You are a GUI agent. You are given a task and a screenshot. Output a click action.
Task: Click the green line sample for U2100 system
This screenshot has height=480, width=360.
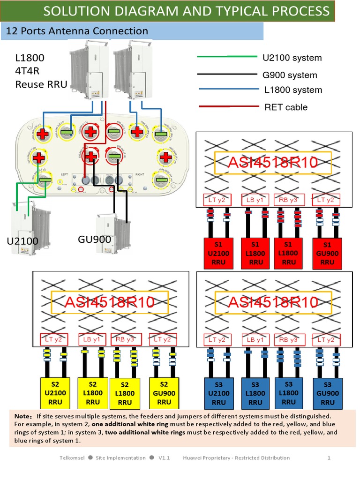(227, 57)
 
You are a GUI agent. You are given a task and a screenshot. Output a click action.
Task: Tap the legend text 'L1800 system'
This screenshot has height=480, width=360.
(293, 90)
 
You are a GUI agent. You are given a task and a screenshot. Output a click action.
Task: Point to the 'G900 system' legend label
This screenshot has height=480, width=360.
(290, 75)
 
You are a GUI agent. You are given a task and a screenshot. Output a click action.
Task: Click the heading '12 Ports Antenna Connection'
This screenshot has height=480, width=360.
(76, 31)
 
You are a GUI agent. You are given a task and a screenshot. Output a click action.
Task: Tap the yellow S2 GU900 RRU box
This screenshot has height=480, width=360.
(164, 393)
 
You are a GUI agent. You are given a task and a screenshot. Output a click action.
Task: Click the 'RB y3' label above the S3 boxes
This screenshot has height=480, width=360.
(290, 339)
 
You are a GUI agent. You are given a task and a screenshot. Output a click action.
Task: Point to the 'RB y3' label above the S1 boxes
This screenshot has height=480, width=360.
(290, 200)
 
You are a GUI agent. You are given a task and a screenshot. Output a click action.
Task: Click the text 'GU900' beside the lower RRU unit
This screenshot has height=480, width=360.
(94, 240)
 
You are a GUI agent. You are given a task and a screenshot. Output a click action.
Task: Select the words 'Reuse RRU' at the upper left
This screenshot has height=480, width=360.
(41, 84)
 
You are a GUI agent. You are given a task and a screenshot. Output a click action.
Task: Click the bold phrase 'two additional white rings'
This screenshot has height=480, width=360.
(145, 432)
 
